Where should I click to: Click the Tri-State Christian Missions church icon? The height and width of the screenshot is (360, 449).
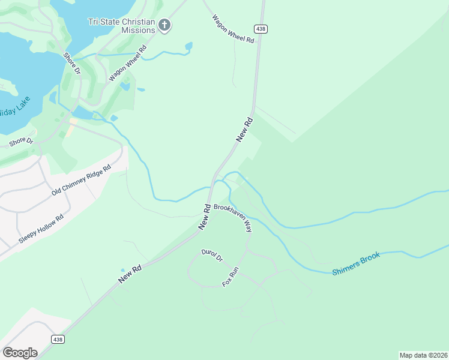pos(164,25)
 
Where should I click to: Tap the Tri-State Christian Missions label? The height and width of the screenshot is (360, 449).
pos(122,25)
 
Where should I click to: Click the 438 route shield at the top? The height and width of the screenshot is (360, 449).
pos(260,28)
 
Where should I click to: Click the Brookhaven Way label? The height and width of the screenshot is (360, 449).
pos(234,218)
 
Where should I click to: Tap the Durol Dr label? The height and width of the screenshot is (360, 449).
pos(212,256)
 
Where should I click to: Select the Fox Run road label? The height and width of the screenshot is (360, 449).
pos(231,276)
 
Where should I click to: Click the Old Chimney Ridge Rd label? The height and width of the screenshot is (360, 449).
pos(82,181)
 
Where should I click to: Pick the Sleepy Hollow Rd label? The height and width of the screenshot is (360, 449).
pos(41,229)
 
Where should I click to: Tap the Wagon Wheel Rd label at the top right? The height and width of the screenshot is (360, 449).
pos(234,28)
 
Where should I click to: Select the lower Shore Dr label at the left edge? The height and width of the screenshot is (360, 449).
pos(21,141)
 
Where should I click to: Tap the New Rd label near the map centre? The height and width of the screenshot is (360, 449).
pos(245,130)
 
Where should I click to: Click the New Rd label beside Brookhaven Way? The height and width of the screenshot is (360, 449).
pos(205,217)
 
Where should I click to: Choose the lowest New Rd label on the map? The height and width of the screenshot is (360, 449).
pos(130,274)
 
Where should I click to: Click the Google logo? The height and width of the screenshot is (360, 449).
pos(20,352)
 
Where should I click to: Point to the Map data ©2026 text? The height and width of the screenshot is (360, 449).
pos(423,355)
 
